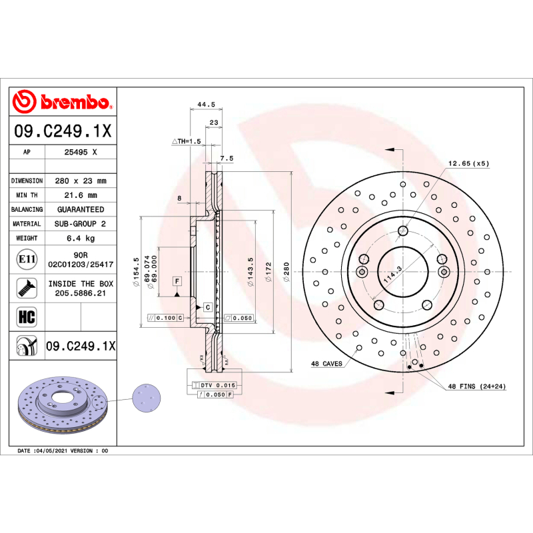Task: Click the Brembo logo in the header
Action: pyautogui.click(x=62, y=103)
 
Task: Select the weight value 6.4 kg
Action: pyautogui.click(x=80, y=238)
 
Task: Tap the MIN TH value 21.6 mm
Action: pyautogui.click(x=80, y=195)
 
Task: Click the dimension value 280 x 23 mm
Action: pyautogui.click(x=80, y=181)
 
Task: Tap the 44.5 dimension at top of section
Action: pyautogui.click(x=206, y=105)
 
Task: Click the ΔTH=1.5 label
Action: pyautogui.click(x=186, y=141)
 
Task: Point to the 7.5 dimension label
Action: pyautogui.click(x=227, y=159)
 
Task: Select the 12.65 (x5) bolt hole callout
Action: pyautogui.click(x=468, y=163)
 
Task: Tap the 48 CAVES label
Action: pyautogui.click(x=326, y=364)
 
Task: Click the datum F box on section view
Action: pyautogui.click(x=178, y=280)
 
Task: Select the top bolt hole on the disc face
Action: pyautogui.click(x=402, y=231)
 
